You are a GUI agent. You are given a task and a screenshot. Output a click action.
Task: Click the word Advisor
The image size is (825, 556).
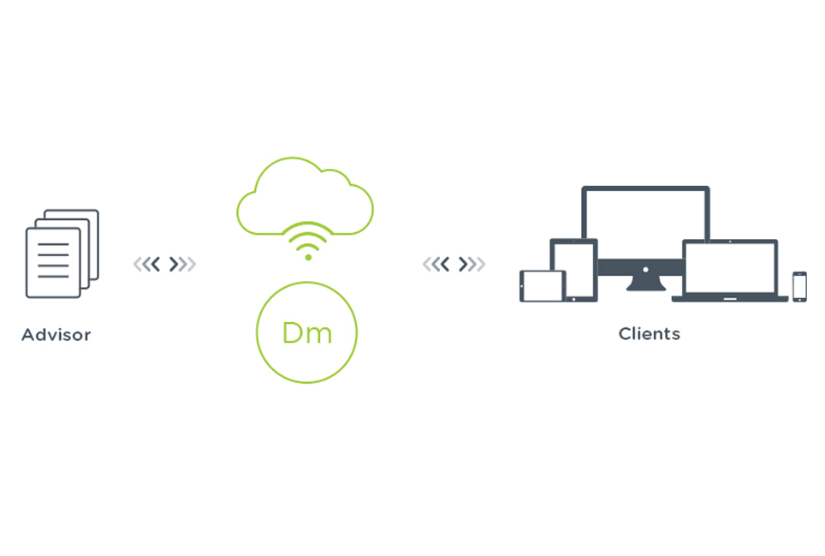[x=56, y=335]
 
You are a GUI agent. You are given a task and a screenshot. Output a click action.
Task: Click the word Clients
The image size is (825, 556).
[x=650, y=334]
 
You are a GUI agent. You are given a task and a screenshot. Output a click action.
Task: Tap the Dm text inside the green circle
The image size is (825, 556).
[x=306, y=332]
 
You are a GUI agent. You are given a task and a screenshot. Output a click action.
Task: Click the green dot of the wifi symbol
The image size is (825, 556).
[x=308, y=257]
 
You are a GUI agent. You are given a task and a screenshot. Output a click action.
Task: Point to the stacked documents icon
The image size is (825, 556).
[x=62, y=254]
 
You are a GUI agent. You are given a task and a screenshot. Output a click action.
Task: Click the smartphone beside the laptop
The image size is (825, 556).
[x=799, y=286]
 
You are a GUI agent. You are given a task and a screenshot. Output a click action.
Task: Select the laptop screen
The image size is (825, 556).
[x=730, y=267]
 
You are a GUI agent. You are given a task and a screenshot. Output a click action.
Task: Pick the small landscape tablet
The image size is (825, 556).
[x=542, y=286]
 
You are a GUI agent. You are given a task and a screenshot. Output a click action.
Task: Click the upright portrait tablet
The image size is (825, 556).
[x=573, y=270]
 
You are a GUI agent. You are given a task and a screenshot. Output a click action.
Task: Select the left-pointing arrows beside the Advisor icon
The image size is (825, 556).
[x=147, y=264]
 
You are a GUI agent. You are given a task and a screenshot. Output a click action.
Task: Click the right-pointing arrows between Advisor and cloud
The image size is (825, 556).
[x=182, y=264]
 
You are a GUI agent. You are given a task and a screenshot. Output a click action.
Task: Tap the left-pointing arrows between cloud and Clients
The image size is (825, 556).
[x=436, y=264]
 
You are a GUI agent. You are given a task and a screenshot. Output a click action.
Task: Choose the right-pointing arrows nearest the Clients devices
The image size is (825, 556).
[x=472, y=264]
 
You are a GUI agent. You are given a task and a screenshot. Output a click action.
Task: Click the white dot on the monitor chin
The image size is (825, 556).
[x=645, y=270]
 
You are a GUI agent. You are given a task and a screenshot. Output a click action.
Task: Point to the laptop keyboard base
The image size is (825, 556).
[x=730, y=298]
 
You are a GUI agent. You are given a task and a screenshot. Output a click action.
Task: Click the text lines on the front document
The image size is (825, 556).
[x=53, y=260]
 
